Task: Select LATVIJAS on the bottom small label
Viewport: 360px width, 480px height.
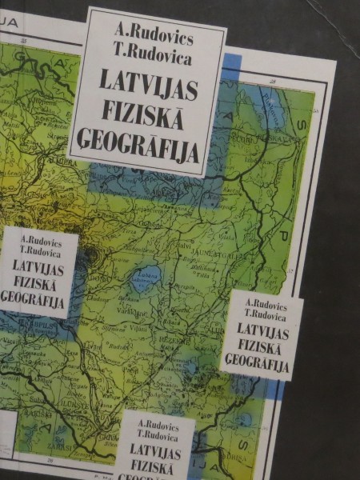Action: tap(158, 449)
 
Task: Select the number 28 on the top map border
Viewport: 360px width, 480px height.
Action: tap(273, 81)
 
